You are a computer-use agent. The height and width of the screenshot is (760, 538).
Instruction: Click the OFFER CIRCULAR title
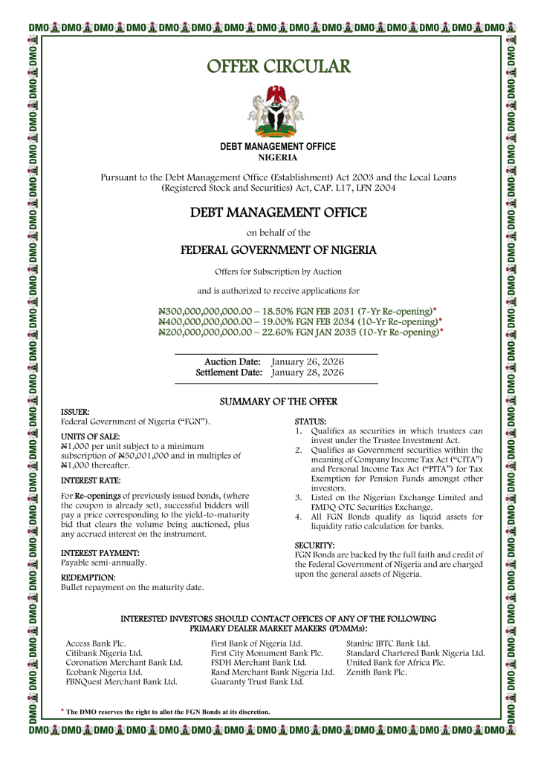(x=278, y=67)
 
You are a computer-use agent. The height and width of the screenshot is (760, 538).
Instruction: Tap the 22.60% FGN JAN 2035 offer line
(x=300, y=332)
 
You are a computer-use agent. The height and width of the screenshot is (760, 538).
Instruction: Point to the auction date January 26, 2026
(x=308, y=361)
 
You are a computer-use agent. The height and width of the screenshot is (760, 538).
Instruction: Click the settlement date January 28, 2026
(x=308, y=372)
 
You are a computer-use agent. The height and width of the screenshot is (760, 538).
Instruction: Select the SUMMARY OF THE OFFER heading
(x=279, y=402)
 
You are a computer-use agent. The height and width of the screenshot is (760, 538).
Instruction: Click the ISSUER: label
(x=75, y=411)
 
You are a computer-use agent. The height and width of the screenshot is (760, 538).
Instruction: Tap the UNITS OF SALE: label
(x=90, y=437)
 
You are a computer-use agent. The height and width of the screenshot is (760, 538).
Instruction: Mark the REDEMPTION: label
(x=88, y=577)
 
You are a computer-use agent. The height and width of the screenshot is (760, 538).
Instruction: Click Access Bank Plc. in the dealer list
(x=96, y=643)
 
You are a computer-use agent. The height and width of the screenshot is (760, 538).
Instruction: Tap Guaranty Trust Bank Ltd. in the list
(x=257, y=681)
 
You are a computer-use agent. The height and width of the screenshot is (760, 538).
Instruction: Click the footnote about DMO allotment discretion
(x=167, y=712)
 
